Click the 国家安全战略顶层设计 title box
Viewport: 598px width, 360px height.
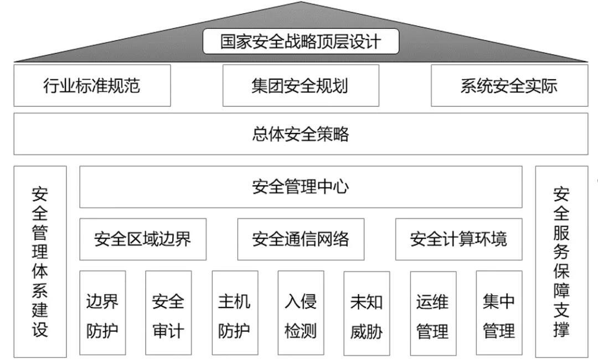(301, 42)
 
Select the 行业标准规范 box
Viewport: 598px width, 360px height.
(92, 85)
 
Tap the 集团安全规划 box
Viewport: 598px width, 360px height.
(301, 85)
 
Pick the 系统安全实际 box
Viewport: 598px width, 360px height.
(509, 85)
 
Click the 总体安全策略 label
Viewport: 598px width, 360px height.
(301, 134)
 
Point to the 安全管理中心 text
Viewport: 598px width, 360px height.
(301, 187)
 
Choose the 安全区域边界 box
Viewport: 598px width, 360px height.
(143, 239)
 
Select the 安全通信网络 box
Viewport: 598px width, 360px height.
(301, 239)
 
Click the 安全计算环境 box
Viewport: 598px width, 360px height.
(458, 239)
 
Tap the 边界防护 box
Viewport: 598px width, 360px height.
(102, 313)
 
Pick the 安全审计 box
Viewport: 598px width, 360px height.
(168, 313)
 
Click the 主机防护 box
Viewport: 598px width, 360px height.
(235, 313)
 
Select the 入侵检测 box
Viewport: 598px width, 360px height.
(301, 313)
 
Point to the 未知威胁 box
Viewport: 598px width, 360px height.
(367, 313)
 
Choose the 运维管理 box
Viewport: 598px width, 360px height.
(433, 313)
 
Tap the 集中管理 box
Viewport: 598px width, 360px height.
(499, 313)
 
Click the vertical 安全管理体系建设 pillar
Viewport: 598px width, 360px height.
(40, 261)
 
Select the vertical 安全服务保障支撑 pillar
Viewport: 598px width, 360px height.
(561, 261)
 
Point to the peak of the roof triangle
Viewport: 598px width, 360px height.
(301, 3)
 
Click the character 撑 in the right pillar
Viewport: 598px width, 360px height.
(561, 329)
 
